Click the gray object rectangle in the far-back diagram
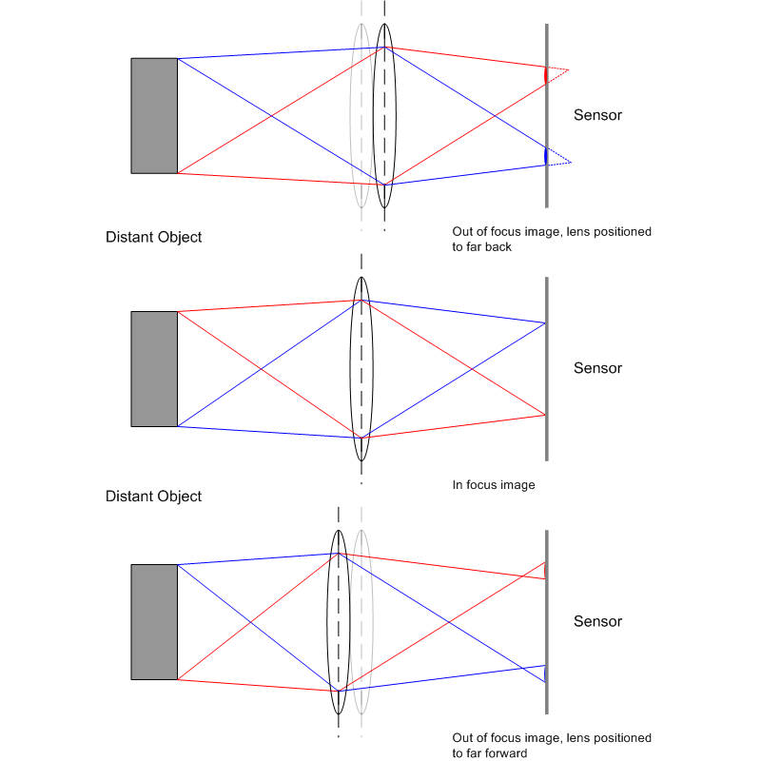(154, 115)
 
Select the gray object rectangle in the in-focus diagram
(154, 369)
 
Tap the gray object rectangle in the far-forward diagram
(154, 622)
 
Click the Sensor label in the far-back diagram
(597, 115)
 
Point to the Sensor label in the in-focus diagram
(597, 368)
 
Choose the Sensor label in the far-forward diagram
(597, 621)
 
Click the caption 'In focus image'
(494, 485)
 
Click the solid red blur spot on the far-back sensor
(545, 75)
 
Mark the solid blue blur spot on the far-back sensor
(545, 156)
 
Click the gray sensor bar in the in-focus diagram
(547, 369)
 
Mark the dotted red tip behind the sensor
(568, 70)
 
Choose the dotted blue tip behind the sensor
(571, 163)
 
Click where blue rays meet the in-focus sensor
(545, 322)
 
